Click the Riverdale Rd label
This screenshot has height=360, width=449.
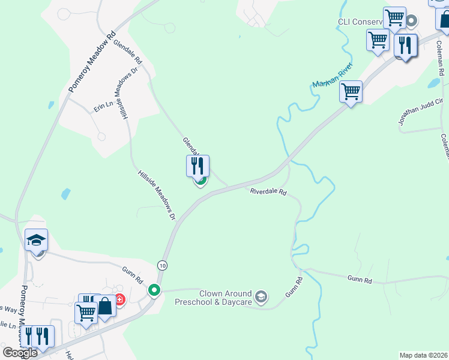[268, 192]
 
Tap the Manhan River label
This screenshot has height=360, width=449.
[332, 77]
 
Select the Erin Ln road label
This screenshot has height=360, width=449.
[103, 107]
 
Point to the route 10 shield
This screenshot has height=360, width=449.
[162, 265]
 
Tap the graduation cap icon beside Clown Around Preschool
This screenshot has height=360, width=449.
[261, 296]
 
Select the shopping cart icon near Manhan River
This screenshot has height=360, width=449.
[351, 92]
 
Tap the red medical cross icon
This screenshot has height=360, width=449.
[119, 299]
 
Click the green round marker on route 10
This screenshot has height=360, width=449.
[154, 290]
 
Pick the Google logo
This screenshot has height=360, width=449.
[20, 353]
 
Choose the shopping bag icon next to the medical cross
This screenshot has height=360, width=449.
[105, 306]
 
